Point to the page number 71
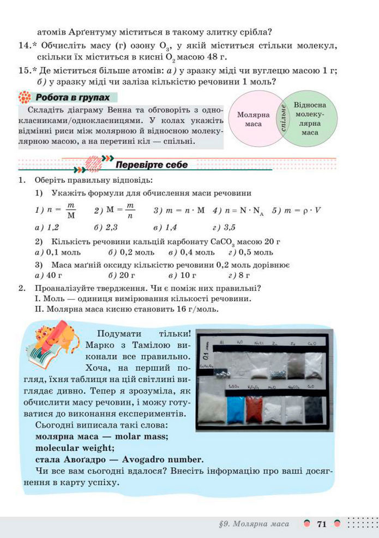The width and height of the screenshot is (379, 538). pyautogui.click(x=321, y=524)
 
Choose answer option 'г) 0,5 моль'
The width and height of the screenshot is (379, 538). pyautogui.click(x=250, y=253)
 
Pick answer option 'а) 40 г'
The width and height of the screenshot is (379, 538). pyautogui.click(x=48, y=275)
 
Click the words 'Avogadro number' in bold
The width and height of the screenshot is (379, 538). pyautogui.click(x=161, y=458)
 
